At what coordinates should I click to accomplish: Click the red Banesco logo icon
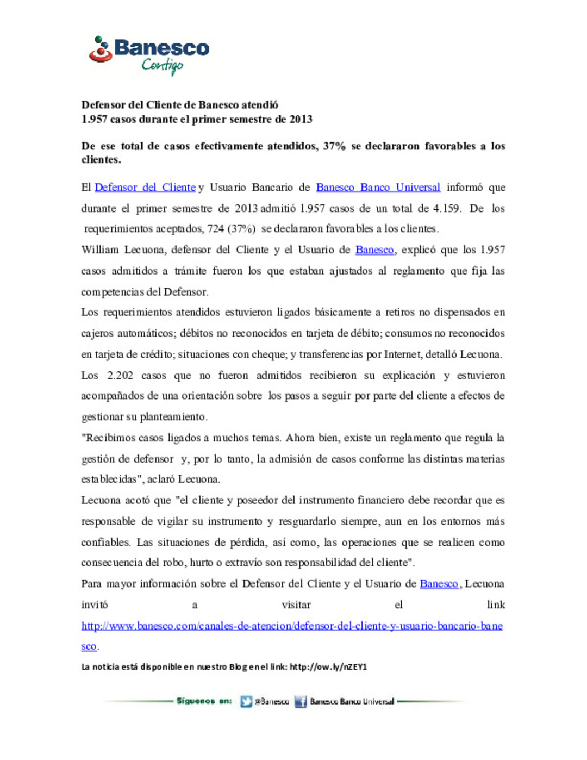click(x=101, y=49)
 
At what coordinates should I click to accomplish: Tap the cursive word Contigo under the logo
click(x=162, y=65)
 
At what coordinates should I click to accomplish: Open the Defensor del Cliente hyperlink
click(x=145, y=188)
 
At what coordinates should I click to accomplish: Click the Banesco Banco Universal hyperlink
click(x=378, y=188)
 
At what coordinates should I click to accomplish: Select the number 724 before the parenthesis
click(x=216, y=229)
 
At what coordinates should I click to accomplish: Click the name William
click(x=99, y=250)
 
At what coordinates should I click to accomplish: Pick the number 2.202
click(x=120, y=376)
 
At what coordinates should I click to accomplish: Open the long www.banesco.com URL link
click(x=292, y=626)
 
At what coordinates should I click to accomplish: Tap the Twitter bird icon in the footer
click(x=246, y=702)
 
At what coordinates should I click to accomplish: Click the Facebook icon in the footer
click(x=301, y=702)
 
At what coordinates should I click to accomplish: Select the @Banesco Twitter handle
click(x=272, y=702)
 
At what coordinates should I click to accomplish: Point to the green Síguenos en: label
click(x=204, y=701)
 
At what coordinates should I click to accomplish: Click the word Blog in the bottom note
click(x=238, y=667)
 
